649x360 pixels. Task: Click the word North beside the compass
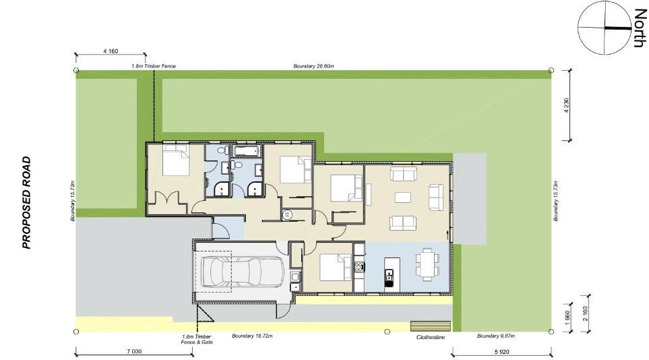[x=637, y=28]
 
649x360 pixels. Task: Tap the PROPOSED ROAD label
[x=27, y=203]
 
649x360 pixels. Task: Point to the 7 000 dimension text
[x=133, y=351]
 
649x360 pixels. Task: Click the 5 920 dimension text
[x=501, y=351]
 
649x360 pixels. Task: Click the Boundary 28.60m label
[x=314, y=66]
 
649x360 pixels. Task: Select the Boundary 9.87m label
[x=495, y=336]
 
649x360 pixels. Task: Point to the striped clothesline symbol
[x=431, y=326]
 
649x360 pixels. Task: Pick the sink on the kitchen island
[x=389, y=274]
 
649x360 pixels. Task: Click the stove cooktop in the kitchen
[x=359, y=268]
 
